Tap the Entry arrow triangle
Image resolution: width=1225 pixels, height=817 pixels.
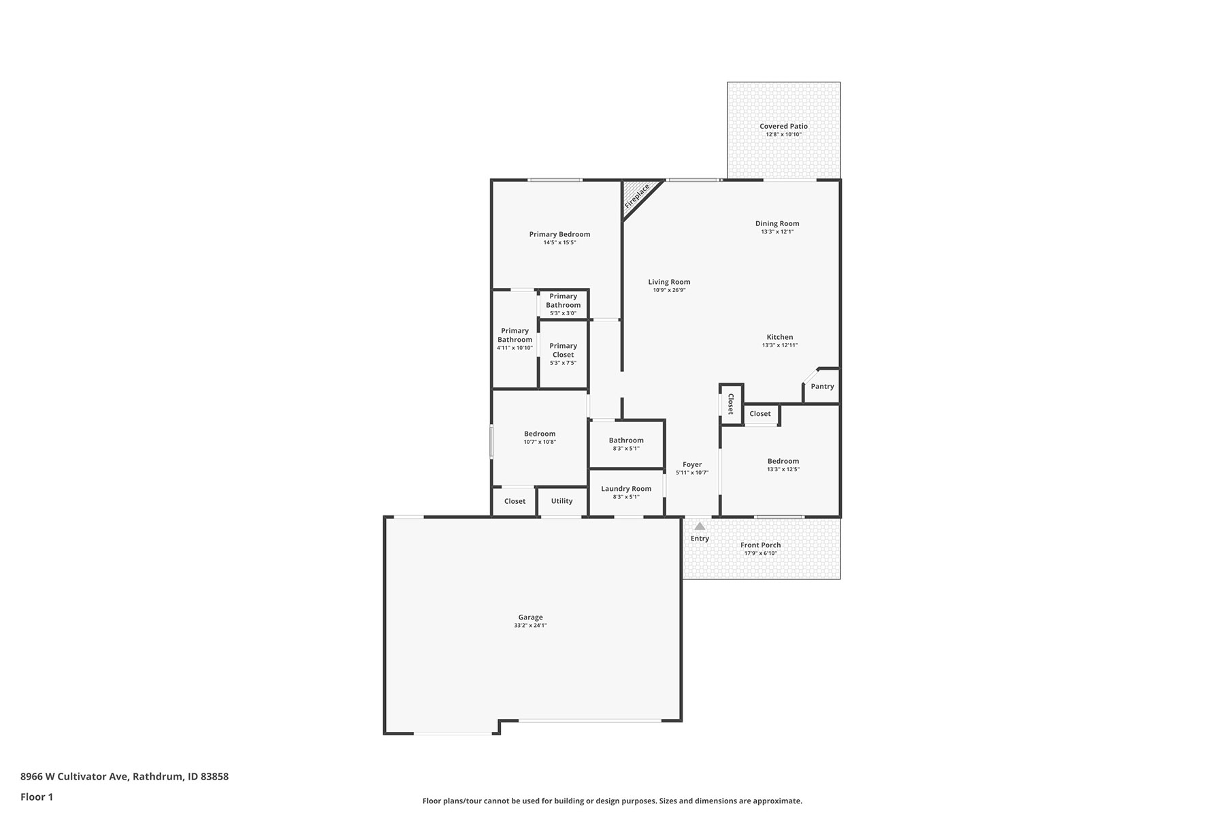(x=700, y=526)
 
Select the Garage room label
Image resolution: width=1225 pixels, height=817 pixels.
(x=530, y=618)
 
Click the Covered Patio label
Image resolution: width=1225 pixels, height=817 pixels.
(x=784, y=126)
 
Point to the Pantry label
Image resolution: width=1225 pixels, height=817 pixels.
(x=822, y=386)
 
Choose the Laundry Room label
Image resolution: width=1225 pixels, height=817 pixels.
(x=626, y=489)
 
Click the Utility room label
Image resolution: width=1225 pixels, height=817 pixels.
(x=561, y=501)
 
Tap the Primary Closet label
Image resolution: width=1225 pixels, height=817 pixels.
(x=563, y=350)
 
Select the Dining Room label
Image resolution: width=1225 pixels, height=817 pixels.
(x=777, y=223)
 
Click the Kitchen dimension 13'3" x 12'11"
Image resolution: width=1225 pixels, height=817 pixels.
(x=780, y=345)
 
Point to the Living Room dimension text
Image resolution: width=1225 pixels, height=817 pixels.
(x=669, y=290)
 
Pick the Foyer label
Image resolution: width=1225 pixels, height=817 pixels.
(x=692, y=464)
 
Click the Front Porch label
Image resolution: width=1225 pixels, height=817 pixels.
(x=761, y=545)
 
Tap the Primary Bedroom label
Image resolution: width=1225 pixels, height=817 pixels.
(x=559, y=234)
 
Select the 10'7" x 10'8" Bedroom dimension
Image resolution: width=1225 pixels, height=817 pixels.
(x=540, y=442)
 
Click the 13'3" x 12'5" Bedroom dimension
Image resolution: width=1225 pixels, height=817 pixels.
(x=783, y=469)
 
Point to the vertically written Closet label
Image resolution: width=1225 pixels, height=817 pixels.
(x=731, y=404)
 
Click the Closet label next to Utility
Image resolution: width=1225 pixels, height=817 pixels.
(x=514, y=501)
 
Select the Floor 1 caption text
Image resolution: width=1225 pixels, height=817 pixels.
(x=37, y=797)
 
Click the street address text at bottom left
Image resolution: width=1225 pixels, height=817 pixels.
(x=125, y=776)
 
